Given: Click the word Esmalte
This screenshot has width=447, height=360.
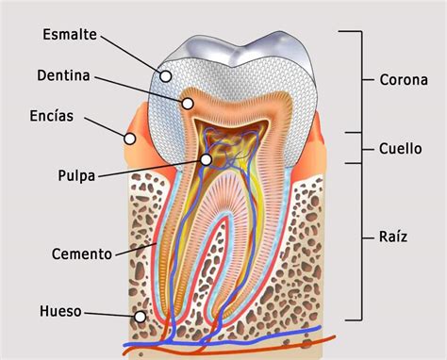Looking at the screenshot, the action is (70, 34).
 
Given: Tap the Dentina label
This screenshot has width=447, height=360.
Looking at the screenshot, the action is (63, 75).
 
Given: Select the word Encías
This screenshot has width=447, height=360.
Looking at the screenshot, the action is (52, 116).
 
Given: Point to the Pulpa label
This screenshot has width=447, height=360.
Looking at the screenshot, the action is (76, 175).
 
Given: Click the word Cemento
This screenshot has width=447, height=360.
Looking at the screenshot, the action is (82, 254).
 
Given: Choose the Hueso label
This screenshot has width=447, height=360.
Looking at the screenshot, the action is (60, 311).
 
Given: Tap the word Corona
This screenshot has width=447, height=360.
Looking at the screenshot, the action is (404, 80).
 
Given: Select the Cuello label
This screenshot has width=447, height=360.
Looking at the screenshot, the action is (400, 149).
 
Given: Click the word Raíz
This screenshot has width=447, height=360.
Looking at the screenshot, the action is (393, 237).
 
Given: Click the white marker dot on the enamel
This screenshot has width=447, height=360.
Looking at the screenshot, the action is (166, 76).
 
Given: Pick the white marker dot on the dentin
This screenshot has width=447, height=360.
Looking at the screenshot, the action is (188, 104).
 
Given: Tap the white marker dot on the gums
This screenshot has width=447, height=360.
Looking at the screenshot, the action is (129, 139).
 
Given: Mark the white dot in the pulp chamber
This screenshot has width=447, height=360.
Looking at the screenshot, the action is (206, 159).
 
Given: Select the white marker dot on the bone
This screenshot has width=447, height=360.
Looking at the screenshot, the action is (141, 317).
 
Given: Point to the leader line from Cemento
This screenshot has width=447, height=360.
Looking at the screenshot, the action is (136, 249).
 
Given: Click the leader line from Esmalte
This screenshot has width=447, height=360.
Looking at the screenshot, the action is (131, 53).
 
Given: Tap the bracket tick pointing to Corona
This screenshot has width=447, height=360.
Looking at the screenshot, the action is (368, 80).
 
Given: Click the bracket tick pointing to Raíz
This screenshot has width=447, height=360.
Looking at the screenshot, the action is (368, 238).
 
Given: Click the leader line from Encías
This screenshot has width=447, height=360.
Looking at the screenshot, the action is (105, 127).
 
